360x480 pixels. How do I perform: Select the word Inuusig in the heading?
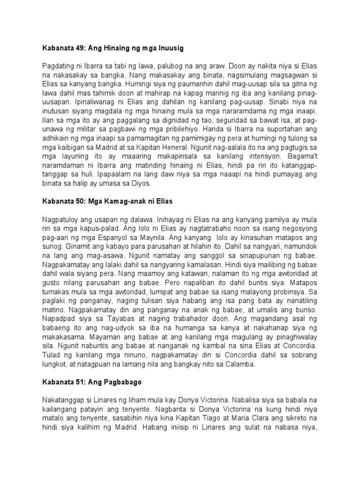pos(168,47)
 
